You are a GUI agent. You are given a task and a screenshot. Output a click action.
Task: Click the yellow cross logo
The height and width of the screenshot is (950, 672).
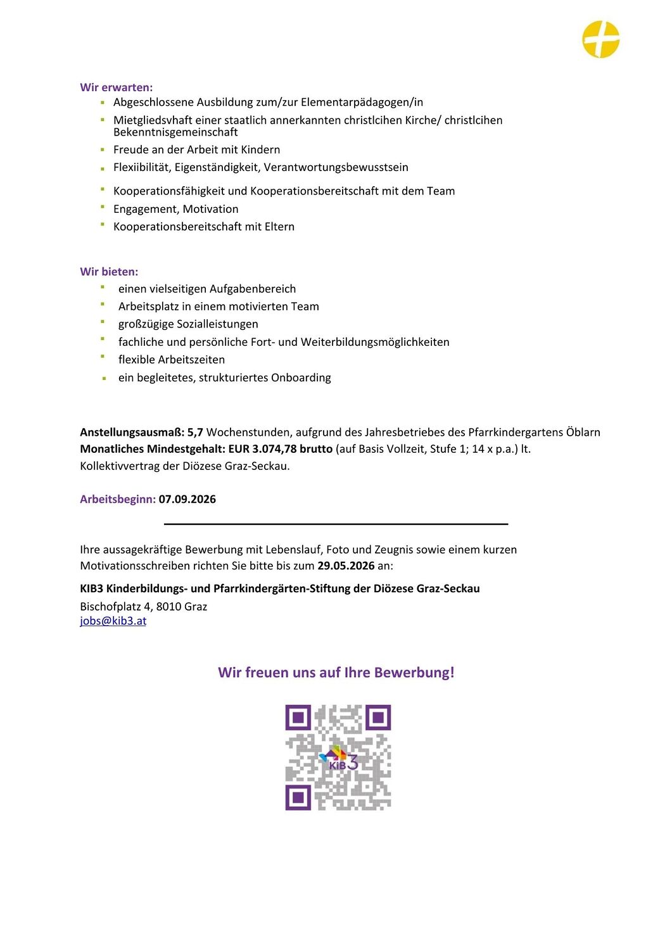(x=600, y=39)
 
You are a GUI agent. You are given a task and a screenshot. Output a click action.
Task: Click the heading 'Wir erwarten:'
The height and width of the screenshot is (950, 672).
(x=116, y=87)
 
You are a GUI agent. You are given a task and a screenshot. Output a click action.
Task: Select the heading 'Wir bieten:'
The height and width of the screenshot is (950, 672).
(x=109, y=272)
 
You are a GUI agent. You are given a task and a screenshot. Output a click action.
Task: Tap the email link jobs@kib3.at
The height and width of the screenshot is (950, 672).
(x=113, y=621)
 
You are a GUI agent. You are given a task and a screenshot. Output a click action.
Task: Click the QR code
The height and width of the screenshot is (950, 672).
(x=338, y=757)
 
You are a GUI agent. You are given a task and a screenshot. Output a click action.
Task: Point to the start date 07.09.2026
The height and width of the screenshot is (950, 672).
(x=187, y=499)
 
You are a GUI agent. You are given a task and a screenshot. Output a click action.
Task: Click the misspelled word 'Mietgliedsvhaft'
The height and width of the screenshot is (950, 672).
(x=153, y=120)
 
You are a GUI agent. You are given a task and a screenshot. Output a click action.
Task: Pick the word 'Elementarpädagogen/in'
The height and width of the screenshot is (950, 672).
(x=362, y=103)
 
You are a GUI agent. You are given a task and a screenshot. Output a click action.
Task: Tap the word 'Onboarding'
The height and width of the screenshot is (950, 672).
(x=301, y=378)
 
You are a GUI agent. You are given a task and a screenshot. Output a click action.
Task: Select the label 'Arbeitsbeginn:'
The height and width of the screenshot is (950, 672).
(x=118, y=499)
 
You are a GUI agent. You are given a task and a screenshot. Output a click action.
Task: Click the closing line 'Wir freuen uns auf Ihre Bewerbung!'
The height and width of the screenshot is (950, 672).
(x=336, y=673)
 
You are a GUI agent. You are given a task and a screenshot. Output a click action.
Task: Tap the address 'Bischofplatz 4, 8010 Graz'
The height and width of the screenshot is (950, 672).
(x=143, y=606)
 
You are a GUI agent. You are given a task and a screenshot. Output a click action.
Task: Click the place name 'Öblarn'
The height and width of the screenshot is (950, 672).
(x=583, y=433)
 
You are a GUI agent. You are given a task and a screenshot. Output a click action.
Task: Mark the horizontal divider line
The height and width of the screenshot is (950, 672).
(x=336, y=524)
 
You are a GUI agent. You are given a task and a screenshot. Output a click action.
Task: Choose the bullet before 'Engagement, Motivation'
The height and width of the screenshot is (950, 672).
(x=103, y=206)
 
